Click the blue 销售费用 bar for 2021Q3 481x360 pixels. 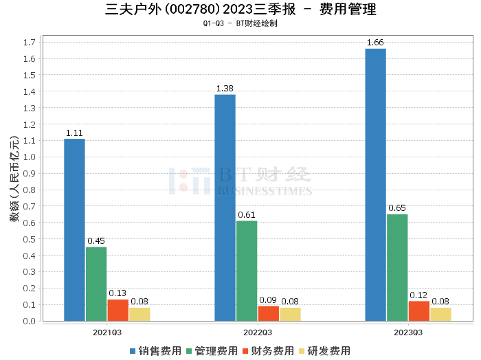pyautogui.click(x=74, y=229)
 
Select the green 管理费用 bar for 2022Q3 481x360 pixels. pyautogui.click(x=247, y=271)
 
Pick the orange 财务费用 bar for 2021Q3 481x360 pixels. pyautogui.click(x=118, y=310)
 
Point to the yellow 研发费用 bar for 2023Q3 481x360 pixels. pyautogui.click(x=440, y=314)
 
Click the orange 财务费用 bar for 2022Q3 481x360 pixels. pyautogui.click(x=268, y=313)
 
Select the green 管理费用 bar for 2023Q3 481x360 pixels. pyautogui.click(x=397, y=267)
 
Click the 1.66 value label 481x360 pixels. pyautogui.click(x=375, y=43)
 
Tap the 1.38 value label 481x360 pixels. pyautogui.click(x=225, y=89)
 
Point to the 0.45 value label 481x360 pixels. pyautogui.click(x=96, y=241)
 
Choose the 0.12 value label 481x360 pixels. pyautogui.click(x=418, y=295)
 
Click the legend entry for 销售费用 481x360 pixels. pyautogui.click(x=156, y=351)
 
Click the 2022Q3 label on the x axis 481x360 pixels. pyautogui.click(x=258, y=332)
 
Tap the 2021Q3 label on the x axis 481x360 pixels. pyautogui.click(x=107, y=332)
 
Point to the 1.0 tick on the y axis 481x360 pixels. pyautogui.click(x=29, y=157)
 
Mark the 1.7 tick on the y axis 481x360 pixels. pyautogui.click(x=29, y=42)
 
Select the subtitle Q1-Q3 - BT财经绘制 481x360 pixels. pyautogui.click(x=240, y=23)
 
